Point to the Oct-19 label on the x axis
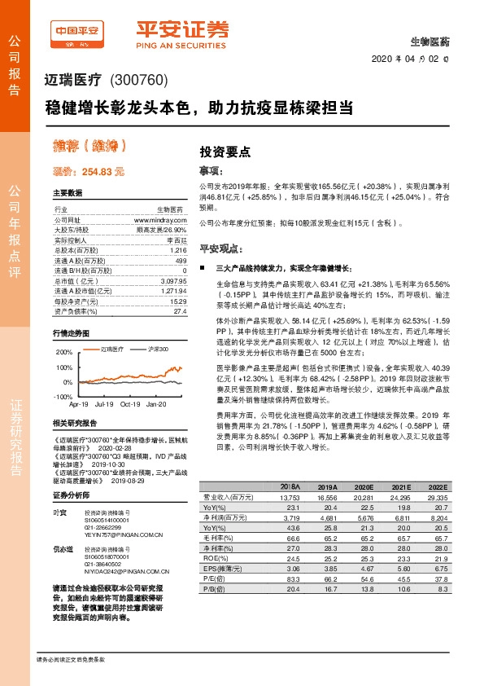pos(130,403)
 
